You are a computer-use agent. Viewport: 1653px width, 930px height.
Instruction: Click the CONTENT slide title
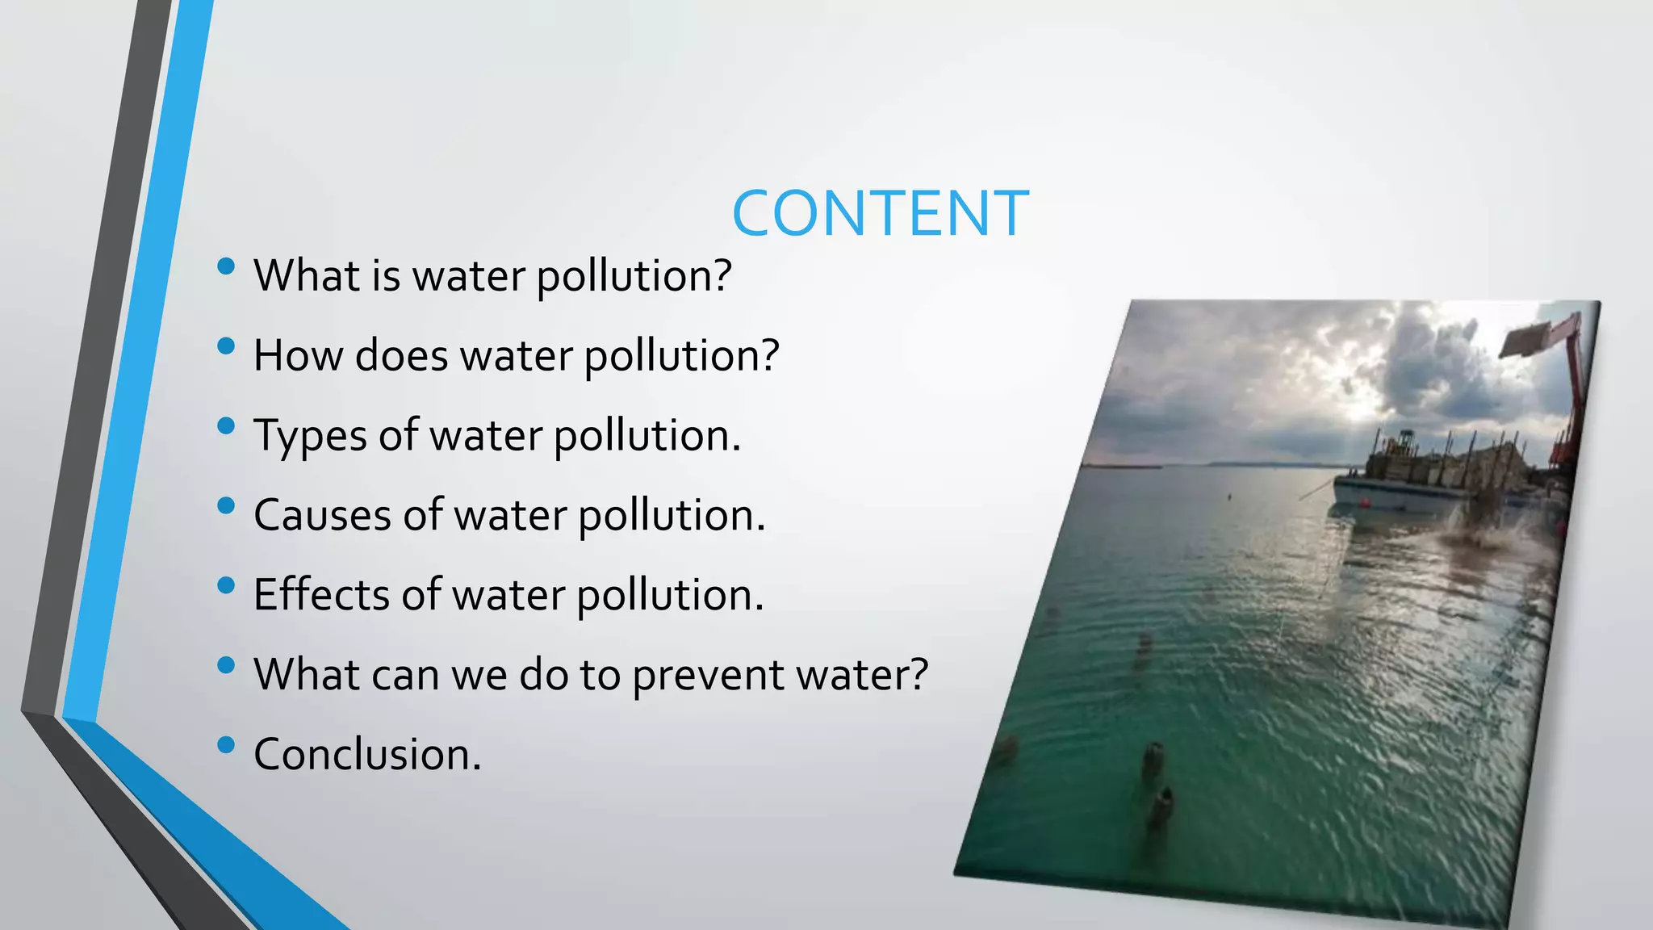tap(880, 213)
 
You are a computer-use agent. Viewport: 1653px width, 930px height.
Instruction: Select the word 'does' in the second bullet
tap(401, 355)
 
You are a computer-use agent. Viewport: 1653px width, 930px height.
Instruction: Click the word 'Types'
tap(310, 436)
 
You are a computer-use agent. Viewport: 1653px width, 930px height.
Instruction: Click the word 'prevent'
tap(707, 675)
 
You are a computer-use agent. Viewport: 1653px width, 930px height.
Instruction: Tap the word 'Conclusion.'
tap(367, 754)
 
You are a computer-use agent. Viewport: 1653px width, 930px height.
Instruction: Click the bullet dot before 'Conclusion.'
tap(226, 744)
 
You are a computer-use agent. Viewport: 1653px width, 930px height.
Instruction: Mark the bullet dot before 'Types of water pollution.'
tap(226, 425)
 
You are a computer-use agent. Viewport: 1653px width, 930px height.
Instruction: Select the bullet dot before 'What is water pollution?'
tap(226, 266)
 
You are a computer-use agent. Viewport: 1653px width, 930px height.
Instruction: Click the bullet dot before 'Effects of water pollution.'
tap(226, 584)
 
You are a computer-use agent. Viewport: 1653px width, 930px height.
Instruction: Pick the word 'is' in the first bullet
tap(386, 275)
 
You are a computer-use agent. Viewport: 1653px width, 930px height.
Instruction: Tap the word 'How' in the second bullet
tap(298, 355)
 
